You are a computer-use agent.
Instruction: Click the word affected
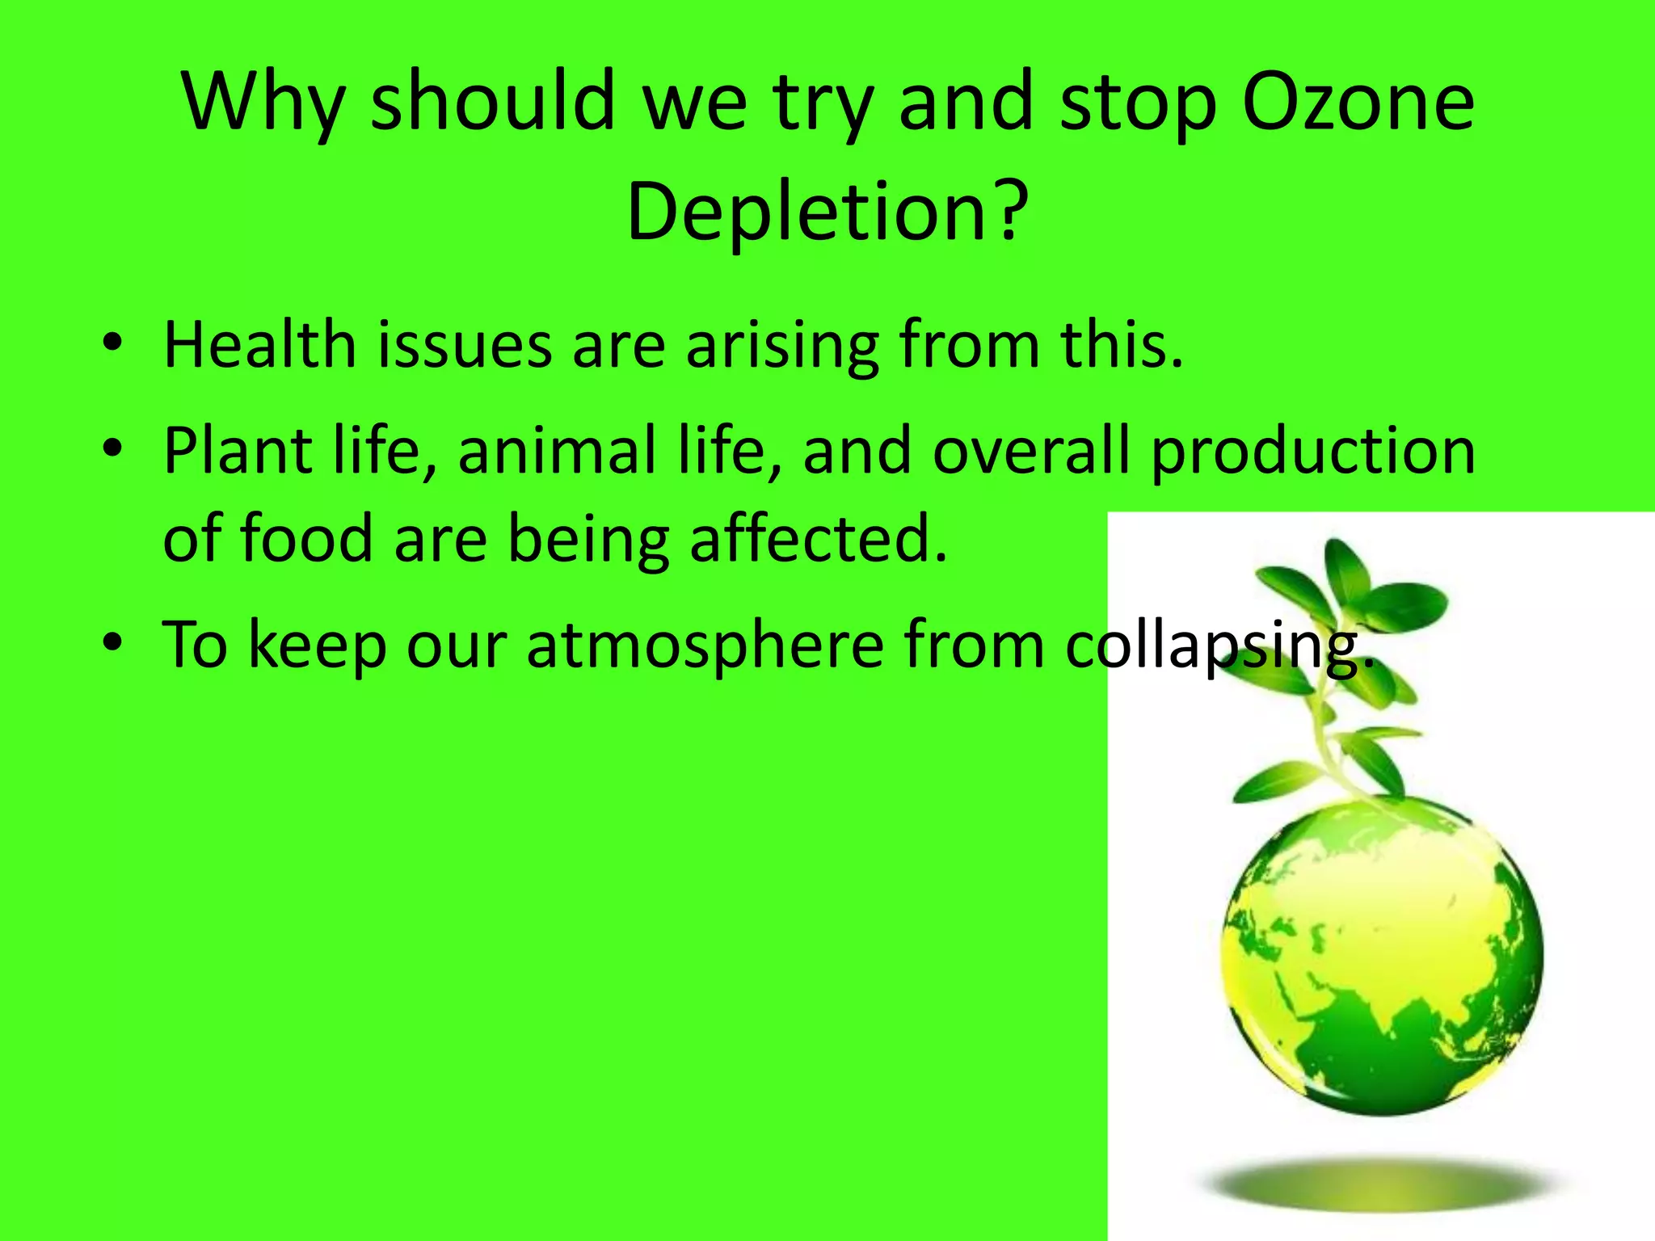(818, 539)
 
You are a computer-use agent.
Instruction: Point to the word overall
(1031, 451)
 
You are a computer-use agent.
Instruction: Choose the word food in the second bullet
(307, 539)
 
